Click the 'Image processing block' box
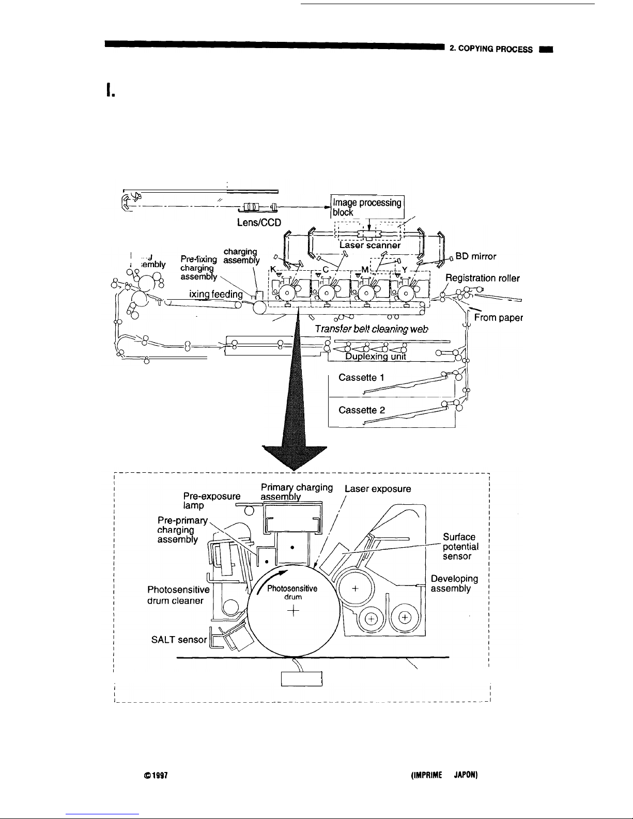click(x=367, y=207)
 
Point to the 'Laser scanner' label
click(x=370, y=246)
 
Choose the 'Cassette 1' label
click(x=361, y=378)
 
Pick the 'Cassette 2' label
click(x=361, y=410)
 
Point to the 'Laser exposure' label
click(x=378, y=488)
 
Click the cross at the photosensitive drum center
click(x=293, y=611)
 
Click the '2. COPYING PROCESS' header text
click(x=490, y=50)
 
